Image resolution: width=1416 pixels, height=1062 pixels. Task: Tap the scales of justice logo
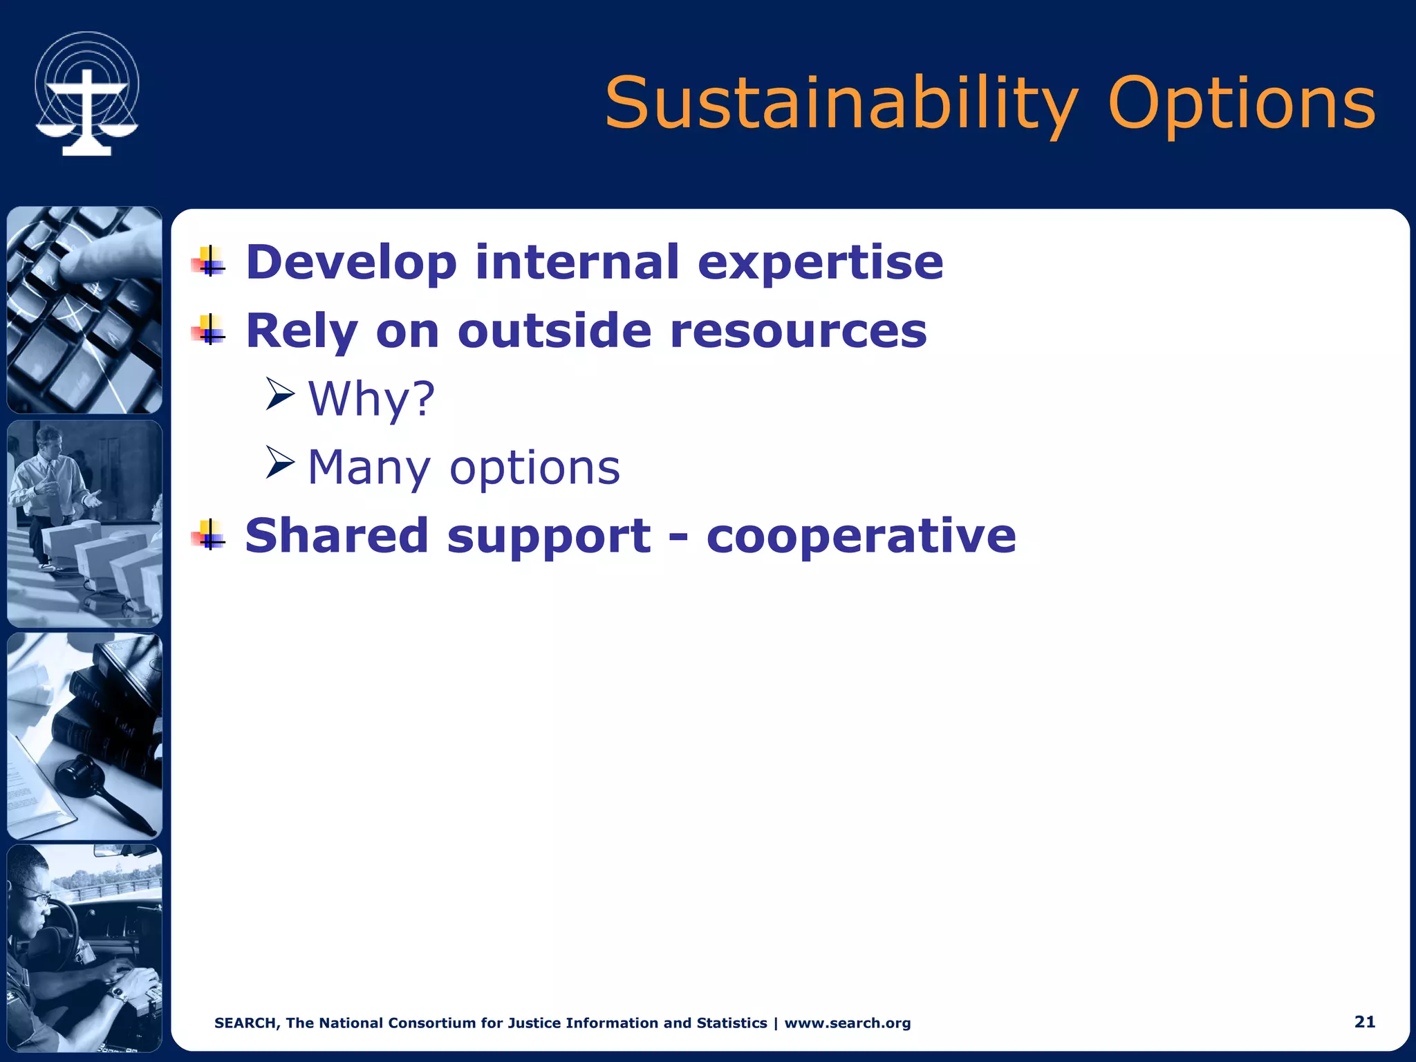point(87,93)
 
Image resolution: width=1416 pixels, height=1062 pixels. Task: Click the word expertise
point(820,263)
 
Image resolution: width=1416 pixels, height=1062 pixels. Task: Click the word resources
point(799,330)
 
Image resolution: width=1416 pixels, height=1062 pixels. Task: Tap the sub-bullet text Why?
point(371,399)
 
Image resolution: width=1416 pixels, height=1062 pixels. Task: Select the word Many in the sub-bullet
point(369,468)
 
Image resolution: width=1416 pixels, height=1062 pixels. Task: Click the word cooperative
point(861,536)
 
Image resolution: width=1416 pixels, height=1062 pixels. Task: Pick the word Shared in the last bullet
point(337,536)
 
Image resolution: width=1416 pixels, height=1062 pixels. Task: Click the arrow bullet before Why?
point(280,394)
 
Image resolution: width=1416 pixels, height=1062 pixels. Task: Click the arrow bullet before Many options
point(280,463)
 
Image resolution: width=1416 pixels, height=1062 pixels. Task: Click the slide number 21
point(1364,1022)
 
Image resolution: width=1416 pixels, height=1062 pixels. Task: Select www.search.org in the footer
point(847,1023)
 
